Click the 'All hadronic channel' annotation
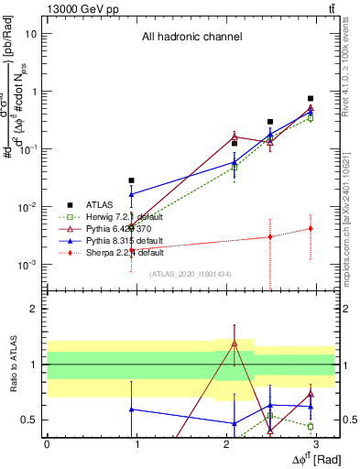191,38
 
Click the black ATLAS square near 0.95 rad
132,180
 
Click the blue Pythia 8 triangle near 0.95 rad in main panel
132,194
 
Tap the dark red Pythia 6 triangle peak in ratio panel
235,343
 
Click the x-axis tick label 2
226,443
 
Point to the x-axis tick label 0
47,443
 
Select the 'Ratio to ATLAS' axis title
13,365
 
